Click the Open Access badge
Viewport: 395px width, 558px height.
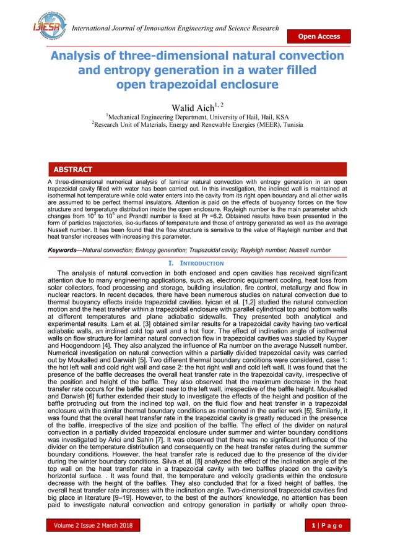(x=319, y=36)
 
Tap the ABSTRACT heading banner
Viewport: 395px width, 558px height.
(x=73, y=169)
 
